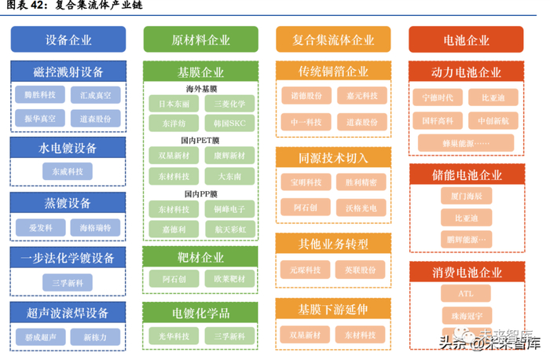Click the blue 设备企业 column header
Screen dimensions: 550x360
68,40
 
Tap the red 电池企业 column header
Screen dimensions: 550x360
466,40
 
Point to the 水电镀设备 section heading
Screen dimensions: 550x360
68,148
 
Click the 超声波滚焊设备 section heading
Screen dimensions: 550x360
68,313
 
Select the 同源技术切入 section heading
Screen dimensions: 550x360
333,157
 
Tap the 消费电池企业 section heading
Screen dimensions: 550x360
466,273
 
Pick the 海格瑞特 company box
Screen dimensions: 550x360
95,227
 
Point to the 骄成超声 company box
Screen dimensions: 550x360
41,336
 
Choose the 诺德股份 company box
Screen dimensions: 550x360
306,96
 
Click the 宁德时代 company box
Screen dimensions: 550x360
438,97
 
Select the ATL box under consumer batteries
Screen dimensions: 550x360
466,294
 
